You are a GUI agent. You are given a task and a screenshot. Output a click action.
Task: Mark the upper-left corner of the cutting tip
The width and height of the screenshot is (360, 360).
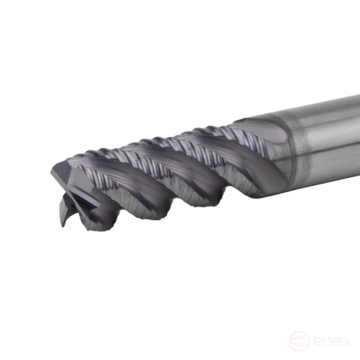[54, 167]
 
